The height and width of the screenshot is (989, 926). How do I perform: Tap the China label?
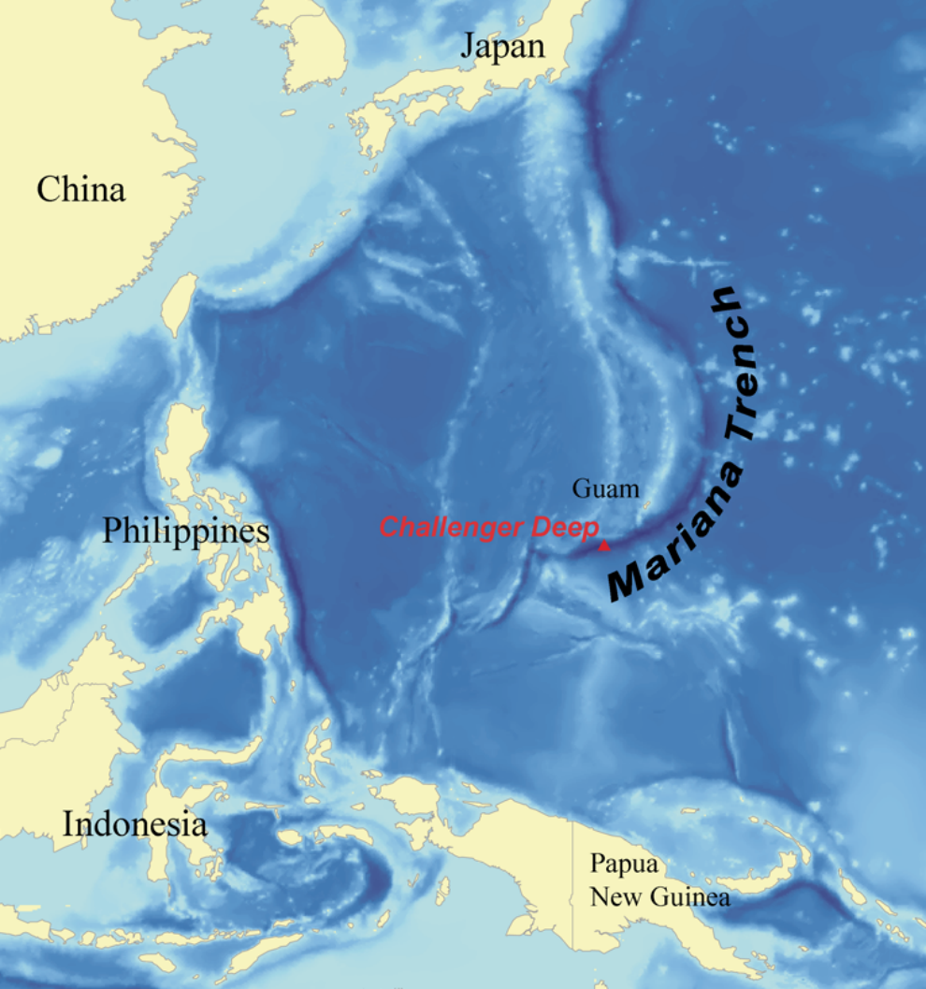(x=81, y=190)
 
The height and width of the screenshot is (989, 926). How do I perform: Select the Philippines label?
(x=186, y=531)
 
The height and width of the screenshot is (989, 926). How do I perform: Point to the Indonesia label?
(x=135, y=824)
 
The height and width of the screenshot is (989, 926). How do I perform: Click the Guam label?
(x=606, y=488)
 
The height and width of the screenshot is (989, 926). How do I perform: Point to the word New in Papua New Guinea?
(x=608, y=898)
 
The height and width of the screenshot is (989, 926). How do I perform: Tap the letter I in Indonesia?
(x=68, y=824)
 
